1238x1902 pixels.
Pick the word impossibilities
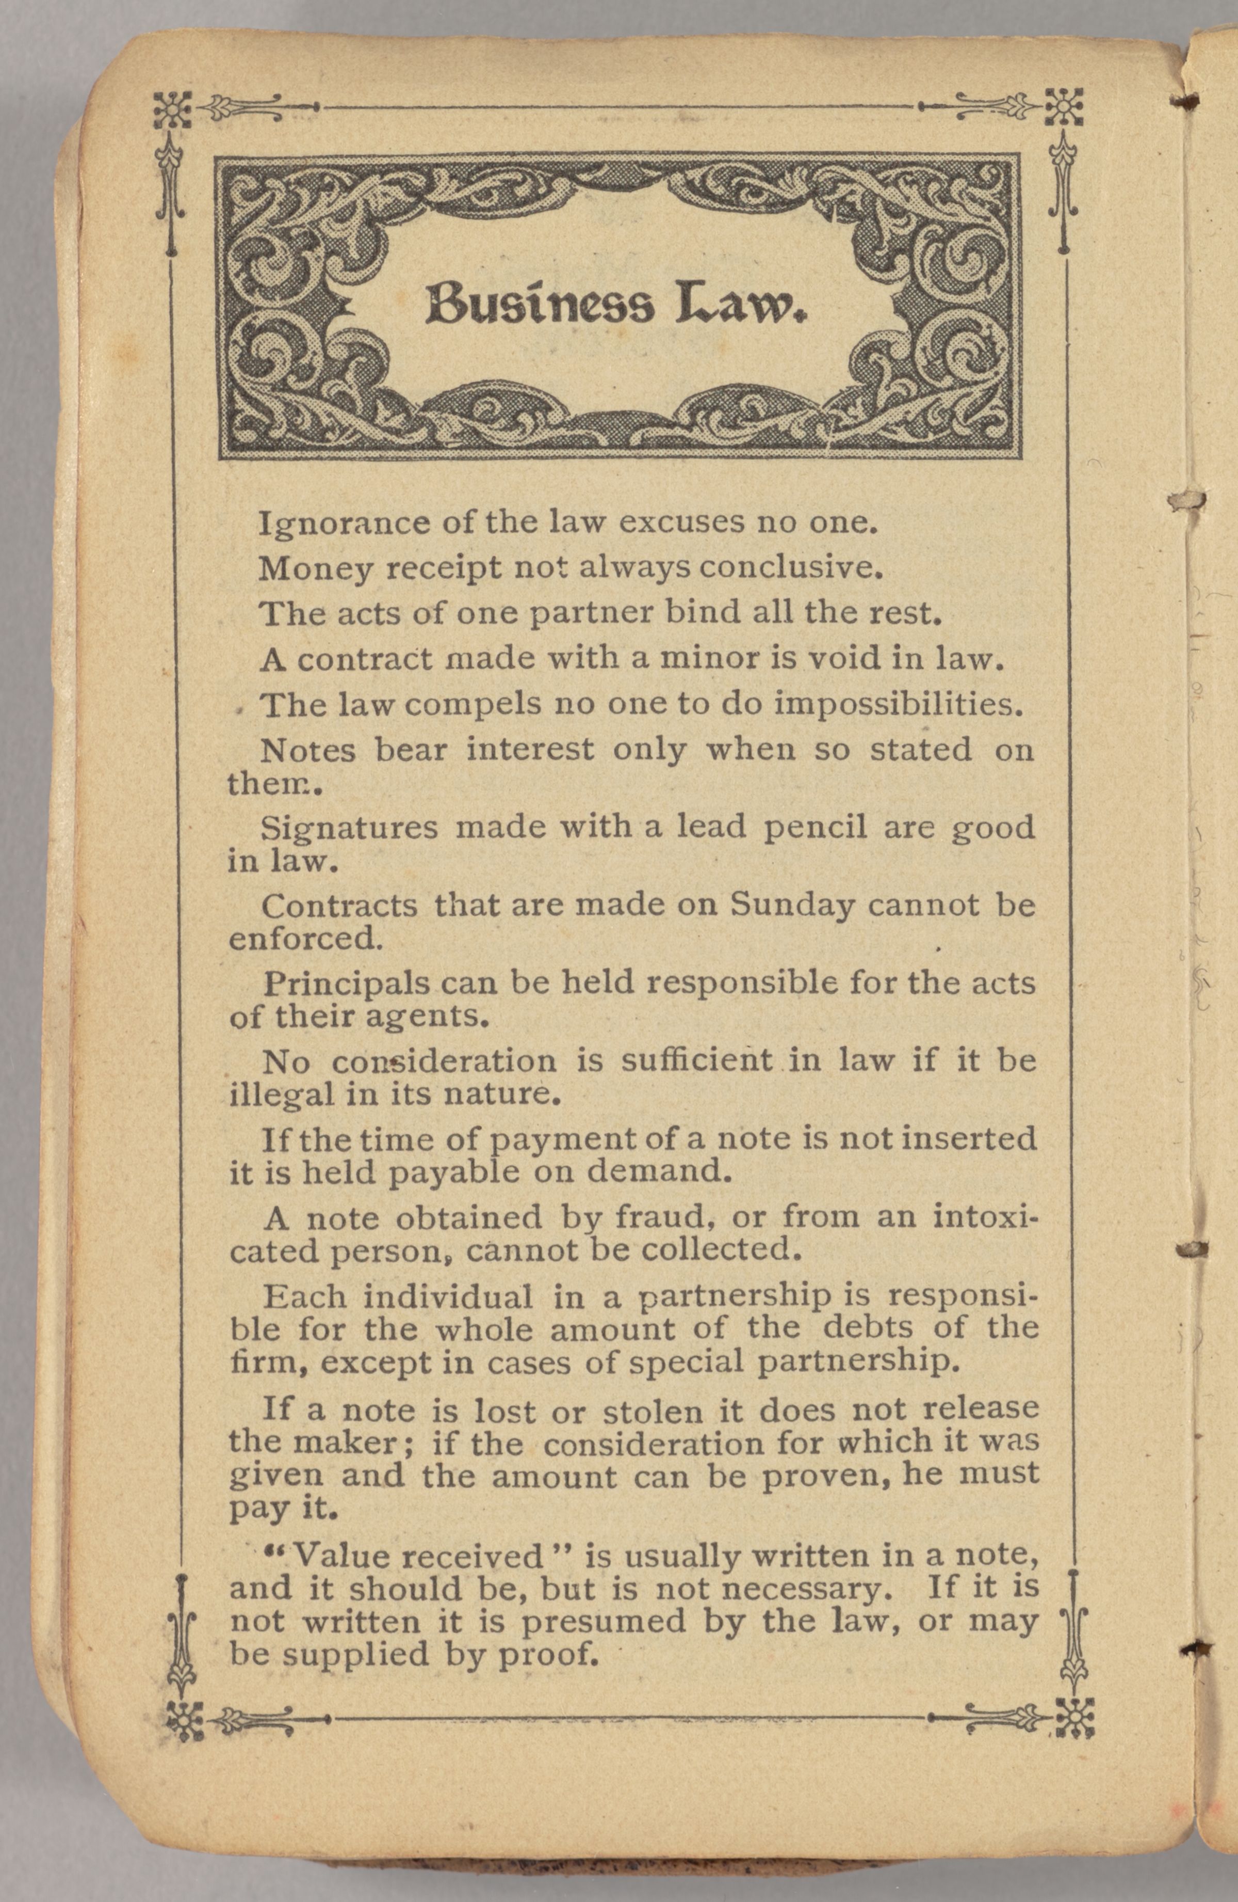899,706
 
